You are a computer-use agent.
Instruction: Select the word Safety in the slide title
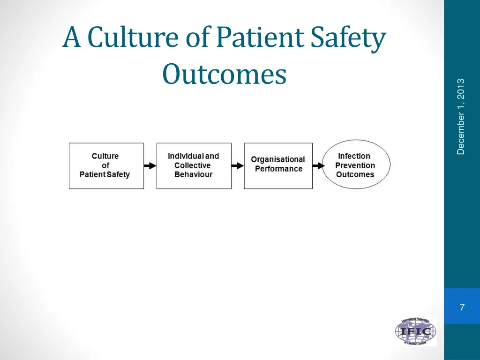[x=347, y=39]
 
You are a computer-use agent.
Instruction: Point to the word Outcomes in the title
[x=224, y=75]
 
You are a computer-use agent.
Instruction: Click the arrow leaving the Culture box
[x=150, y=165]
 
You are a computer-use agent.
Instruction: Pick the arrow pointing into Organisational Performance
[x=238, y=165]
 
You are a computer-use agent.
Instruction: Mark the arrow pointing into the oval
[x=318, y=165]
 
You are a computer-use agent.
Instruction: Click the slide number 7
[x=462, y=307]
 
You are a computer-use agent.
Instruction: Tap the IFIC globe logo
[x=415, y=332]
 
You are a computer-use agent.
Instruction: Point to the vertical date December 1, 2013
[x=461, y=117]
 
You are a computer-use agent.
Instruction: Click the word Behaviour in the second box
[x=194, y=174]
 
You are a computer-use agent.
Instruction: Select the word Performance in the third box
[x=278, y=169]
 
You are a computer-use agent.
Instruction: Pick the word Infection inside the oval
[x=354, y=156]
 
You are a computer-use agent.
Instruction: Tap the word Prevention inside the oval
[x=355, y=165]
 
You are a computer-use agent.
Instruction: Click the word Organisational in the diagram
[x=278, y=159]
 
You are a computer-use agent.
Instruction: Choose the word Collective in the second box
[x=193, y=165]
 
